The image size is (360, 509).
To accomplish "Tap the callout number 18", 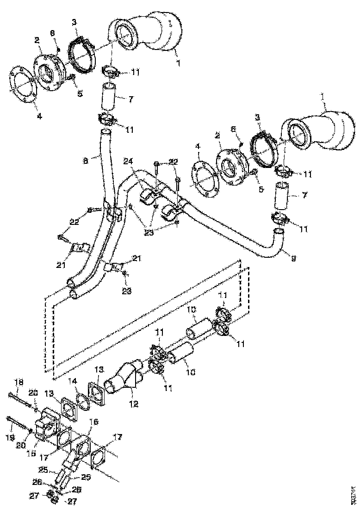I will [x=18, y=382].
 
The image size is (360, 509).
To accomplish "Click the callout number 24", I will [x=128, y=161].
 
